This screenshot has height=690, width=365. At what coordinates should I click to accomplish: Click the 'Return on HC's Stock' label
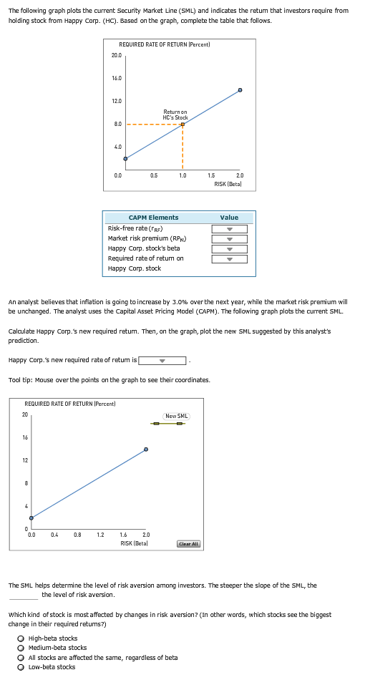[x=175, y=115]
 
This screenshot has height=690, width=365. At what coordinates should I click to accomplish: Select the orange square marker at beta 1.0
[x=182, y=124]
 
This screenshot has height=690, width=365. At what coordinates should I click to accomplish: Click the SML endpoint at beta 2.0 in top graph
[x=240, y=90]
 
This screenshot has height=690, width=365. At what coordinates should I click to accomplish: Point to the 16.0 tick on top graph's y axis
[x=117, y=77]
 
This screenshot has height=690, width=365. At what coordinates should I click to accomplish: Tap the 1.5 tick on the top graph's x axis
[x=211, y=175]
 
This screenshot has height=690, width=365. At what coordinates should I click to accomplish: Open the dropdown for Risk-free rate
[x=229, y=229]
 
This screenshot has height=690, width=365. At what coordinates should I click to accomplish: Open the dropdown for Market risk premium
[x=229, y=239]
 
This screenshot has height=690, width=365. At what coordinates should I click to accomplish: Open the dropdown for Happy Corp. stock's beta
[x=229, y=249]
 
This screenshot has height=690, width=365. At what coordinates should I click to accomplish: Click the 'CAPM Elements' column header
[x=153, y=218]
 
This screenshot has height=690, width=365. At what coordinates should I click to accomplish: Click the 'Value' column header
[x=229, y=218]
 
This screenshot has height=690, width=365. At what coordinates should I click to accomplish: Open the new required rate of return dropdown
[x=162, y=361]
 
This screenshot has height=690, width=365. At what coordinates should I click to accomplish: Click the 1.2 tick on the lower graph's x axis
[x=100, y=535]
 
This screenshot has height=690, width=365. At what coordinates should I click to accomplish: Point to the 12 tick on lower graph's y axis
[x=24, y=460]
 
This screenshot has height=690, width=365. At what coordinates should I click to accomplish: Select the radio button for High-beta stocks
[x=22, y=638]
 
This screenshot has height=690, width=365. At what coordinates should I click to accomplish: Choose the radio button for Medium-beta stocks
[x=22, y=648]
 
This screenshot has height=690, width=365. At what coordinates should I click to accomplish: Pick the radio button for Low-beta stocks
[x=22, y=667]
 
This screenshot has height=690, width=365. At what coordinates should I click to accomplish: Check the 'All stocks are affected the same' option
[x=22, y=657]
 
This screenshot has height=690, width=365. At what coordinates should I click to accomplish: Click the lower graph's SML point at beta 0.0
[x=31, y=517]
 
